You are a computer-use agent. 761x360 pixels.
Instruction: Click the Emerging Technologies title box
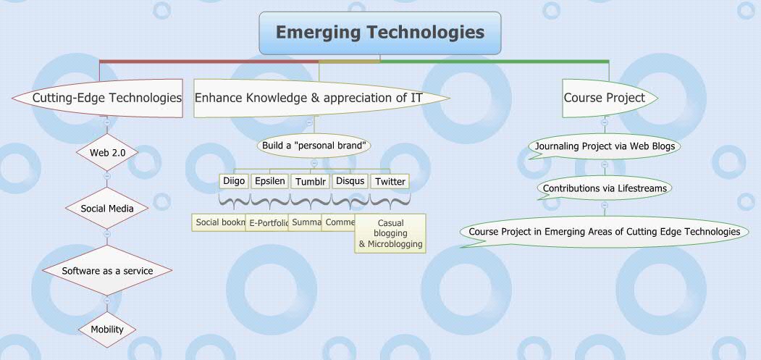(x=379, y=33)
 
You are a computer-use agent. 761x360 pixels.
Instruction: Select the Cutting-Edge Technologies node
(x=106, y=98)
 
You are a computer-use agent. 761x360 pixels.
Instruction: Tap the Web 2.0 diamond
(x=107, y=153)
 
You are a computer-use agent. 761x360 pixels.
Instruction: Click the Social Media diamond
(x=107, y=209)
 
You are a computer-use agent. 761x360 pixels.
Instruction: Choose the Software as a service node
(x=107, y=271)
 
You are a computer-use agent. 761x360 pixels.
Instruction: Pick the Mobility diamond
(x=107, y=330)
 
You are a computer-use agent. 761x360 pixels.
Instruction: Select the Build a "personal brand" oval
(x=315, y=146)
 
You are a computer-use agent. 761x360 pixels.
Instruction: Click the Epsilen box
(x=270, y=181)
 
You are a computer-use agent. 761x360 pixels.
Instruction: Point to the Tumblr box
(x=311, y=181)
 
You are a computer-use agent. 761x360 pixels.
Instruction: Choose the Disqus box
(x=350, y=181)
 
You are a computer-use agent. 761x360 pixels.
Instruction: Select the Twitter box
(x=390, y=181)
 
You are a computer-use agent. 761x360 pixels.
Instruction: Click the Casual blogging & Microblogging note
(x=390, y=233)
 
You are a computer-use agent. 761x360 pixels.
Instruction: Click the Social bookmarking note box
(x=219, y=222)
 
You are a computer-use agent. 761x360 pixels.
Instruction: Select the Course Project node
(x=605, y=98)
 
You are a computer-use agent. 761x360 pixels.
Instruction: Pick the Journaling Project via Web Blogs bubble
(x=605, y=146)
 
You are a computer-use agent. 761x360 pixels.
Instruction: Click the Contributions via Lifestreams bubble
(x=605, y=188)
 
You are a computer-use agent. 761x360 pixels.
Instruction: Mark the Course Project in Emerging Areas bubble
(x=605, y=232)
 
